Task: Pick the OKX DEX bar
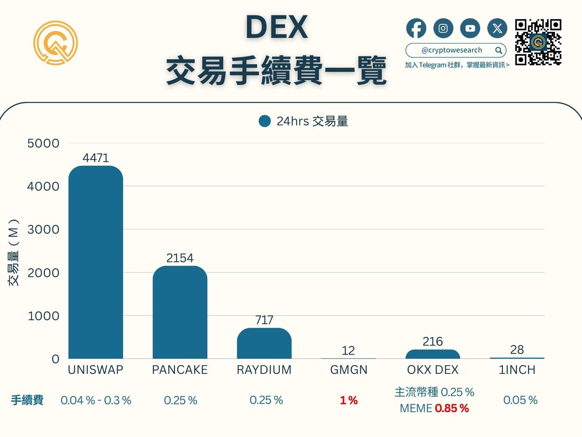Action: (433, 354)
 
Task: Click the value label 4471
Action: (96, 158)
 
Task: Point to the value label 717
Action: (264, 320)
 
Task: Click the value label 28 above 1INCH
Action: (517, 350)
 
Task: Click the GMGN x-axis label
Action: (348, 370)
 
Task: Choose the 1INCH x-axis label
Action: (517, 370)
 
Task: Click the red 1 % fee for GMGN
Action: (348, 401)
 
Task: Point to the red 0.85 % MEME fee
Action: (452, 408)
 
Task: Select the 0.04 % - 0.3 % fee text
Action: (96, 401)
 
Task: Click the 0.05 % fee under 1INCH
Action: (520, 400)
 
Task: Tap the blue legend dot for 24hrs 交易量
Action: (264, 121)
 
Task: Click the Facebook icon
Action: (416, 29)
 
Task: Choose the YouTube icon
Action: (470, 29)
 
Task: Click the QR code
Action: (538, 42)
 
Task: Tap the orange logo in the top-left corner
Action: (56, 43)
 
